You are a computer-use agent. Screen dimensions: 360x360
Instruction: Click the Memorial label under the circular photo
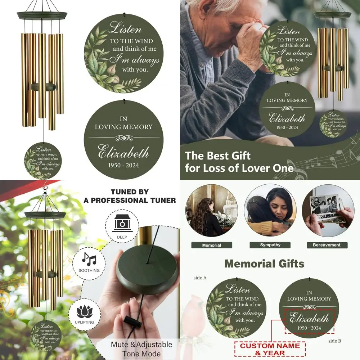click(212, 245)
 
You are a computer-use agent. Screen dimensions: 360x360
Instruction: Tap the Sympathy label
click(270, 245)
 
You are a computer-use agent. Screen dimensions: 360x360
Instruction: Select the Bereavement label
click(327, 245)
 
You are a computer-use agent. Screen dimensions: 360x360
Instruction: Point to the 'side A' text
click(200, 278)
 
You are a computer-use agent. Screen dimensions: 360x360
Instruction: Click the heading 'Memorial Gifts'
click(264, 264)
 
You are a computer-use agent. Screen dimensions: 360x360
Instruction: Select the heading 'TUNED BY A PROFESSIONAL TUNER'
click(130, 196)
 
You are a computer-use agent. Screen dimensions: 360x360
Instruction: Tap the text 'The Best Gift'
click(217, 156)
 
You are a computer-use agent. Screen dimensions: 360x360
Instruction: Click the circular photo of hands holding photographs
click(328, 211)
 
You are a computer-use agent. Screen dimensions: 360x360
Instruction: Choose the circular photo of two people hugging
click(270, 211)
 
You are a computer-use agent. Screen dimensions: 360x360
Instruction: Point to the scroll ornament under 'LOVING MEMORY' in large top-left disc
click(124, 138)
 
